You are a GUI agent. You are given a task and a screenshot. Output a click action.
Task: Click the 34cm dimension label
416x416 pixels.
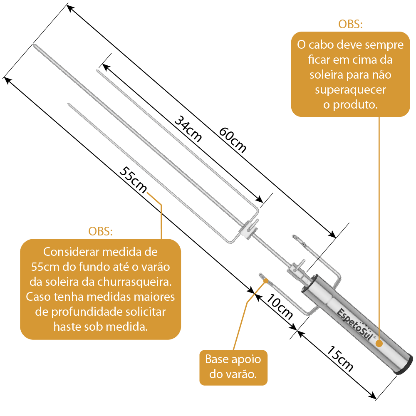tap(188, 129)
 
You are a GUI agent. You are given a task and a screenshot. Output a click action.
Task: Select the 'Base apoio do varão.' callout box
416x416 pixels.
tap(233, 367)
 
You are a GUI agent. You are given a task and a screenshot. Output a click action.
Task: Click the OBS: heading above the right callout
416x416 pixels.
tap(350, 24)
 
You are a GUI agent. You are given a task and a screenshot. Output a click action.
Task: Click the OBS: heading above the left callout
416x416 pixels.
tap(100, 231)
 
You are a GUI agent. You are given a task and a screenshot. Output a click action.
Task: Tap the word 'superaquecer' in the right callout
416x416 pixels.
tap(350, 89)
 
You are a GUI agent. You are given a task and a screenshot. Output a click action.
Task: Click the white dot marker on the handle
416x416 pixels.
tap(379, 344)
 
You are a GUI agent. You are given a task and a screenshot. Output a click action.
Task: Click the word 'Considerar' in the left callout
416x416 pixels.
tap(69, 252)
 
